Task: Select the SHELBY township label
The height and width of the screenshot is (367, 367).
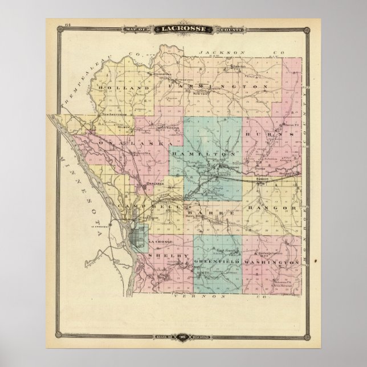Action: pyautogui.click(x=168, y=258)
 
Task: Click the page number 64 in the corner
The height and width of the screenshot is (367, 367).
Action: pyautogui.click(x=52, y=24)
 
